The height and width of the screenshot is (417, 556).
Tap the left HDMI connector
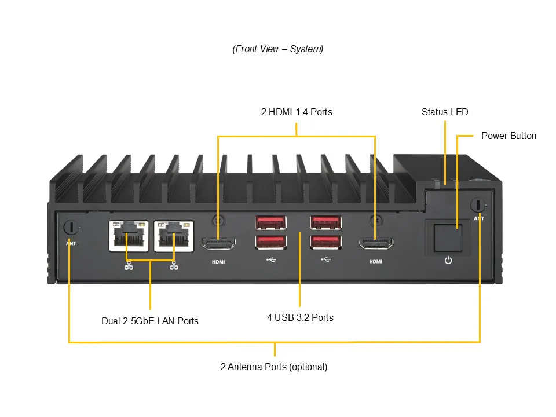click(218, 244)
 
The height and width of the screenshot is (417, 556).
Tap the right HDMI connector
click(375, 244)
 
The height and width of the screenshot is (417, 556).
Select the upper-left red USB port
click(270, 222)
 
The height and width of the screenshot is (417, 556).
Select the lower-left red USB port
click(270, 242)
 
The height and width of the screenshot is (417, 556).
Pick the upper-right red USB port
click(325, 222)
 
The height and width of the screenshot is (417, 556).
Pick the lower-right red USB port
click(325, 242)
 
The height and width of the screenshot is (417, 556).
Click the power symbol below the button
click(448, 260)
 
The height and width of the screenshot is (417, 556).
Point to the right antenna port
click(479, 204)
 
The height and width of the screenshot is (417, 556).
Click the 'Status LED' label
click(445, 112)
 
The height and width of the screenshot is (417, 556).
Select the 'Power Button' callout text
click(509, 136)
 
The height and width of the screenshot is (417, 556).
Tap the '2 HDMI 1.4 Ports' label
click(297, 112)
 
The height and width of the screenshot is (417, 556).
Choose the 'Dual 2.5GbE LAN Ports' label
click(150, 321)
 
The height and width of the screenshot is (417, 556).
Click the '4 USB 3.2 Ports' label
click(300, 317)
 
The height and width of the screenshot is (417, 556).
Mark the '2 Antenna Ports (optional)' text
click(274, 367)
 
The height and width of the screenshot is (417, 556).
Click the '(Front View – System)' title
click(278, 49)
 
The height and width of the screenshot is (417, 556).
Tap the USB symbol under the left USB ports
click(271, 259)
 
